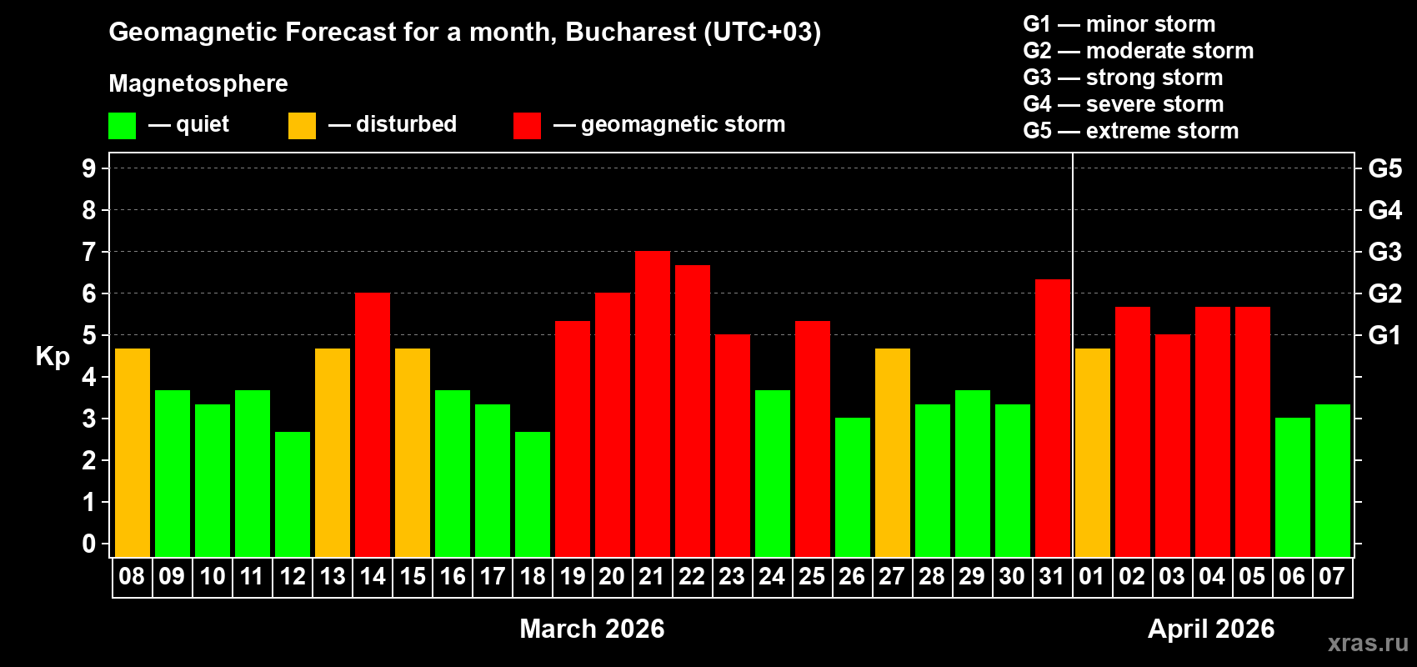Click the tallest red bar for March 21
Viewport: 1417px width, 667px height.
click(652, 404)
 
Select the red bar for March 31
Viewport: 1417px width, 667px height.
click(1052, 418)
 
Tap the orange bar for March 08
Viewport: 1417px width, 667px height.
click(132, 453)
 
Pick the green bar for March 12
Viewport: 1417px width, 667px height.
click(292, 494)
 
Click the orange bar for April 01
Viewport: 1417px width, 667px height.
click(1092, 453)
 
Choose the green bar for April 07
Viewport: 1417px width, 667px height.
click(1332, 480)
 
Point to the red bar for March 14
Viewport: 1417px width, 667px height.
click(372, 425)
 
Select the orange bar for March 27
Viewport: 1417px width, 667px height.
click(892, 453)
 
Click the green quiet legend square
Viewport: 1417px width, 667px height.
click(122, 126)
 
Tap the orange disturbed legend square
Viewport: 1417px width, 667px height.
click(302, 126)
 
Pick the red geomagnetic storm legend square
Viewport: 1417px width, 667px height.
click(527, 126)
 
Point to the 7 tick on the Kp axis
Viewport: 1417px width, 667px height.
click(89, 252)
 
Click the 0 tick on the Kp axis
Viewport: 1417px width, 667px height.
click(89, 544)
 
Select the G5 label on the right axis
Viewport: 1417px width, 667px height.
click(1384, 168)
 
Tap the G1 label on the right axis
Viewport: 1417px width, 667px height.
click(1384, 335)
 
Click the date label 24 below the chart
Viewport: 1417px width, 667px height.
click(771, 576)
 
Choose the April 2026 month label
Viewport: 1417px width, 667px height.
click(1210, 629)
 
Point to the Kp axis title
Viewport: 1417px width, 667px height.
click(53, 356)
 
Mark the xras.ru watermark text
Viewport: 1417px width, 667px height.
click(1367, 643)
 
